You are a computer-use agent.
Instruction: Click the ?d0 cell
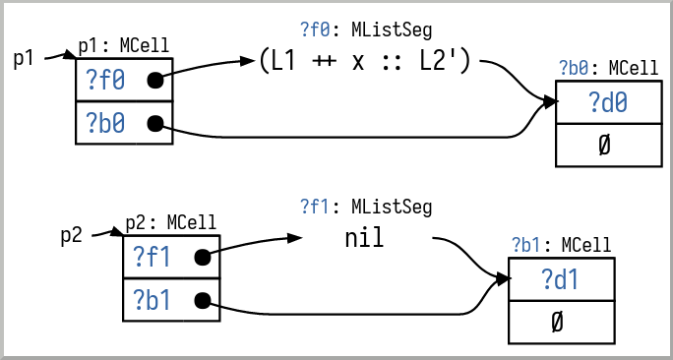pos(606,101)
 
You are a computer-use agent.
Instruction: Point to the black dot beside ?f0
pos(154,81)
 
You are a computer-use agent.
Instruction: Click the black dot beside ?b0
pos(154,124)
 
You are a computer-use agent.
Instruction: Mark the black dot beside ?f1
pos(202,259)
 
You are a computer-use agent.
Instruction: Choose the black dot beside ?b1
pos(202,301)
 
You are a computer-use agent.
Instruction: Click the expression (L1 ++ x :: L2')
pos(367,62)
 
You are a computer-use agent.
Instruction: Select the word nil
pos(364,238)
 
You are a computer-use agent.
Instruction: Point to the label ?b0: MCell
pos(608,68)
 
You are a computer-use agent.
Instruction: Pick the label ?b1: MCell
pos(560,245)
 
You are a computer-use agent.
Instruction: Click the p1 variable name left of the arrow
pos(24,58)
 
